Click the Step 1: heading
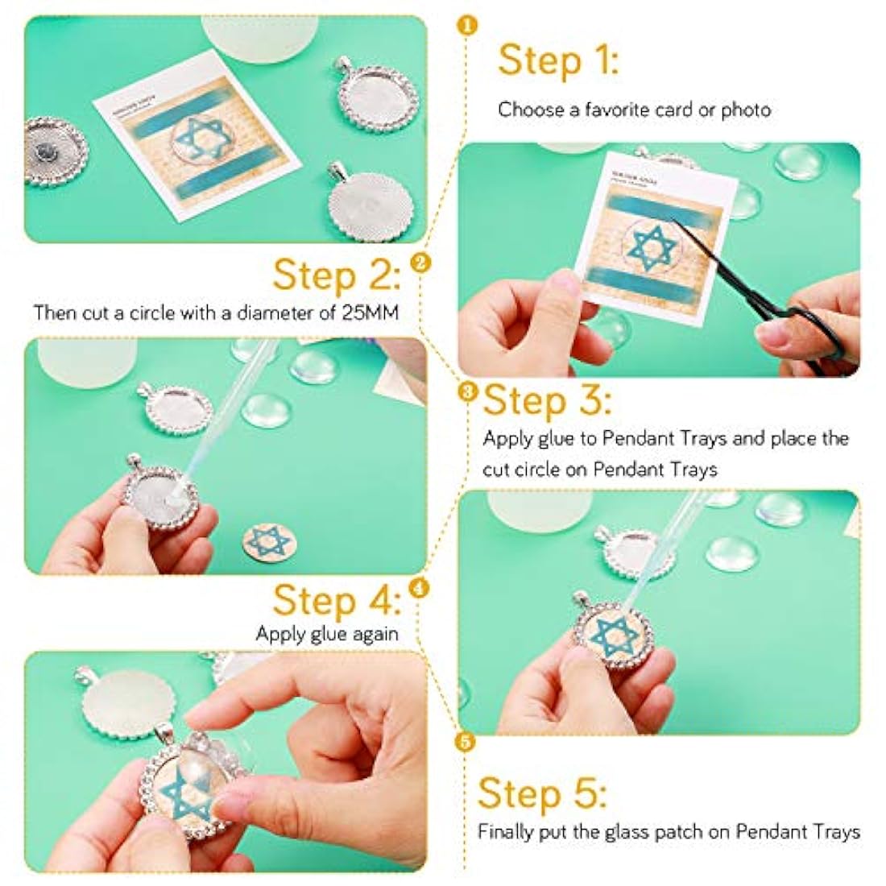pyautogui.click(x=558, y=61)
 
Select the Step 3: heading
pyautogui.click(x=547, y=400)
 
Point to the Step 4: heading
pyautogui.click(x=337, y=599)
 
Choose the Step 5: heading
pyautogui.click(x=542, y=793)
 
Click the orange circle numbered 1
pyautogui.click(x=466, y=26)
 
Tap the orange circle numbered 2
pyautogui.click(x=420, y=263)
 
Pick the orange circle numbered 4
pyautogui.click(x=419, y=588)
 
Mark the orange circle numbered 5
pyautogui.click(x=465, y=742)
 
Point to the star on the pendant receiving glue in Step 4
pyautogui.click(x=613, y=636)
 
